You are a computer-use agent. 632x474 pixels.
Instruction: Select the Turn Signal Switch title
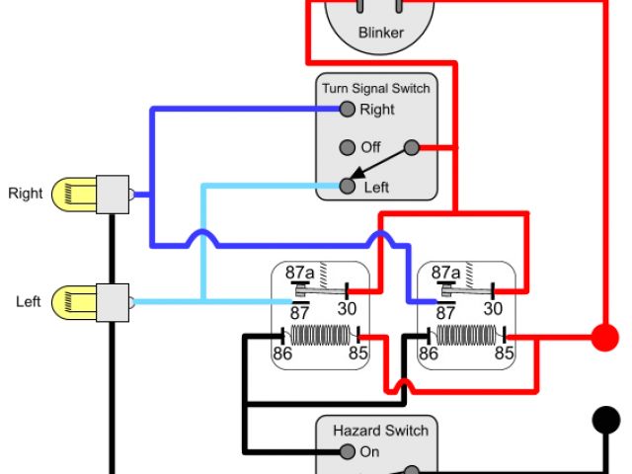375,89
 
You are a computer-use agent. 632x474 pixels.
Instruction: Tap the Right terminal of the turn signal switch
347,109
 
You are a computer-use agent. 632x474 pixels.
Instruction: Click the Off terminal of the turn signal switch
347,147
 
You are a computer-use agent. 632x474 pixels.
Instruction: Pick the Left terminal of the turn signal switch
347,186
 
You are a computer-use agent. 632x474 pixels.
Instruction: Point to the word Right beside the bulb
26,193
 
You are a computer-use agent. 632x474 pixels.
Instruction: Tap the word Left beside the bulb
28,300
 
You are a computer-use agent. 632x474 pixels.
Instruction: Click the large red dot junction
604,338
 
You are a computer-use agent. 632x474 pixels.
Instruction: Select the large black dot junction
604,419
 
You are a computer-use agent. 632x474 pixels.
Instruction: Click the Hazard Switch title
380,431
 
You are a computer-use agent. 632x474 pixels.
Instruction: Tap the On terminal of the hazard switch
347,452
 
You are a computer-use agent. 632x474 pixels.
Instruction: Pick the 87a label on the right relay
446,272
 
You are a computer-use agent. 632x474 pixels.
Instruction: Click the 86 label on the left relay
282,352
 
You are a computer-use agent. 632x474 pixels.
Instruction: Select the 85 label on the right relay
504,352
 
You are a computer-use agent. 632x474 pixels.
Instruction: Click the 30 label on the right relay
494,308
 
